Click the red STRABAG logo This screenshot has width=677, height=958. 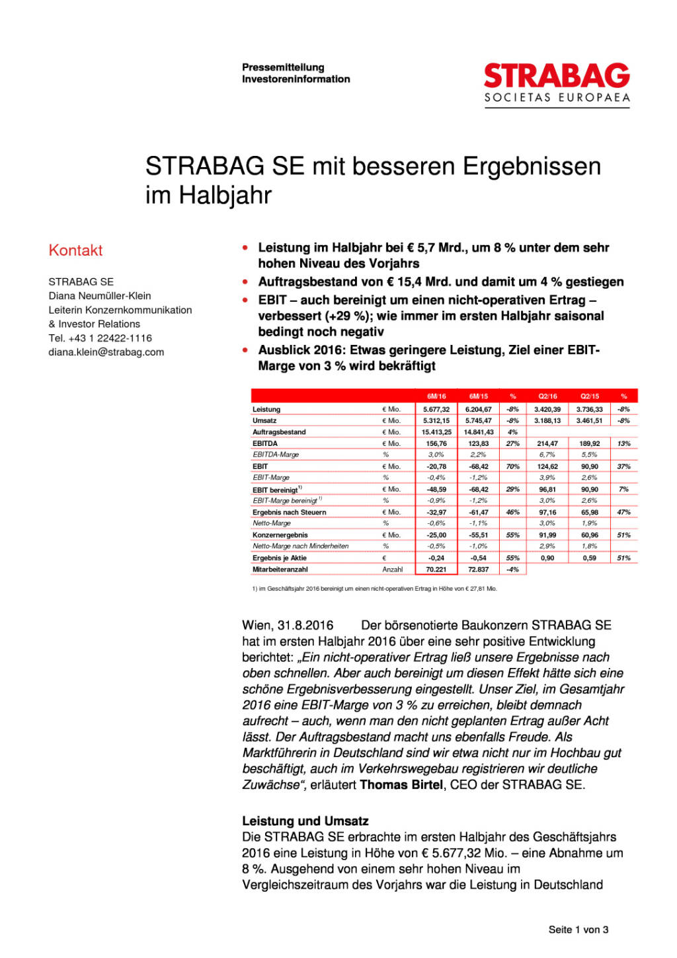click(x=557, y=77)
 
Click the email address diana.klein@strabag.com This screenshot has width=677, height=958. click(x=106, y=352)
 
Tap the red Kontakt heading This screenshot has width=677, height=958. click(x=75, y=250)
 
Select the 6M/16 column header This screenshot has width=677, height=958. click(x=436, y=396)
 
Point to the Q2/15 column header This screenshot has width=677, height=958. click(x=590, y=396)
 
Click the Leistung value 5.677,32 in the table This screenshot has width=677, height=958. click(x=436, y=410)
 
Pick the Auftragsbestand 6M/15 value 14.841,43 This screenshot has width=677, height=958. click(x=479, y=432)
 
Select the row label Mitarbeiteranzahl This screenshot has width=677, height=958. click(x=280, y=570)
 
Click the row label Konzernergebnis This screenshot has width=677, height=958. click(x=280, y=535)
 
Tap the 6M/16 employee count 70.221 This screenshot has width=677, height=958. click(x=436, y=570)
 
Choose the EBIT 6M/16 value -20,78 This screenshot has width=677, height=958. click(x=436, y=466)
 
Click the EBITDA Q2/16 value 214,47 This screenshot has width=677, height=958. click(x=547, y=444)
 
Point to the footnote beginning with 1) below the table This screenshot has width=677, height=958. click(x=374, y=589)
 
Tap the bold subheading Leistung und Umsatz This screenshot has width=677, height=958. click(x=305, y=821)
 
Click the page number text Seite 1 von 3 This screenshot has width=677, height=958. click(x=578, y=930)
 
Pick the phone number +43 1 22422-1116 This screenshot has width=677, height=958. click(x=110, y=338)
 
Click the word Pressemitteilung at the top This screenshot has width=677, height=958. click(x=283, y=67)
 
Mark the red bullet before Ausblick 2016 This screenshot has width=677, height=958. click(x=245, y=350)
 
